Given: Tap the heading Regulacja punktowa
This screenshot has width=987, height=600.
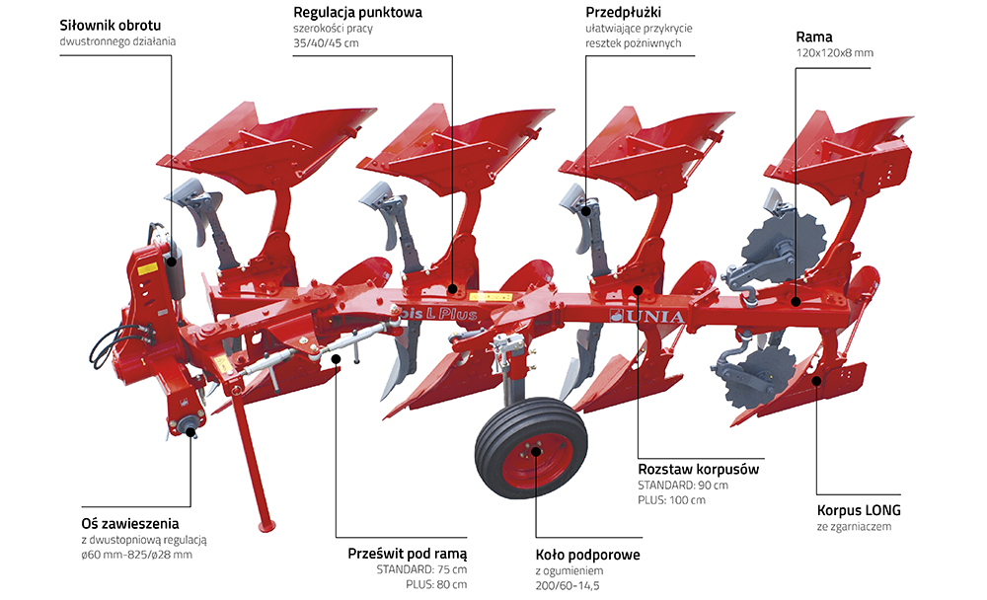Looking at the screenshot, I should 357,13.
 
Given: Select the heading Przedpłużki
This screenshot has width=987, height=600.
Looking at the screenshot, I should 624,13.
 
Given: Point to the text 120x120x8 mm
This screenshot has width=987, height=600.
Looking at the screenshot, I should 835,52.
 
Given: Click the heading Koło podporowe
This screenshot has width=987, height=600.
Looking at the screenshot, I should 587,555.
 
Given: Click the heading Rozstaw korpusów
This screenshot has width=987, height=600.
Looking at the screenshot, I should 699,469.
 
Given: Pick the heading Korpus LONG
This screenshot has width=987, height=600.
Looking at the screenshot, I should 859,511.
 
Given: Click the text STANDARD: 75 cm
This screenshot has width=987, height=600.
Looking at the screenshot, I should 421,569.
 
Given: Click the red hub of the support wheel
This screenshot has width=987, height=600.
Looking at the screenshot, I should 535,453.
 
